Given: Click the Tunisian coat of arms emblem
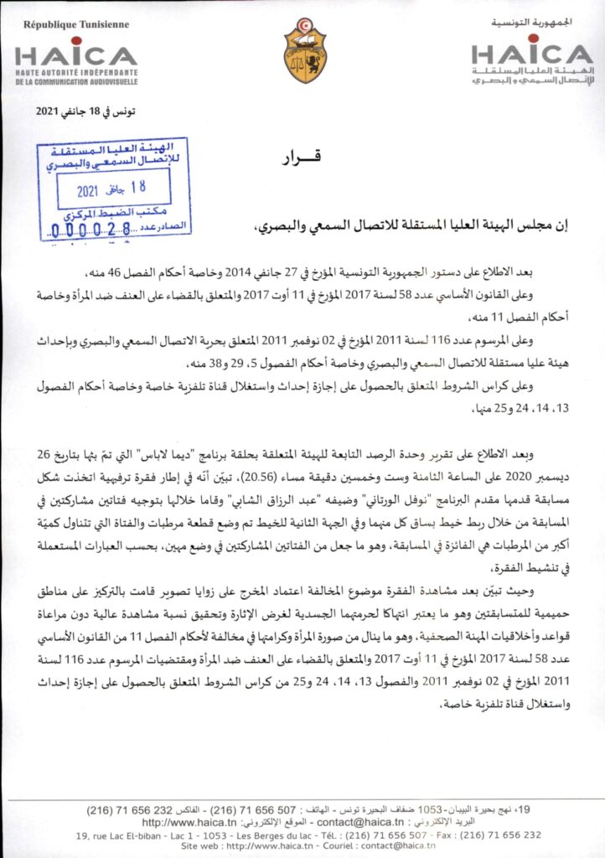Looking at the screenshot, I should pyautogui.click(x=305, y=52).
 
